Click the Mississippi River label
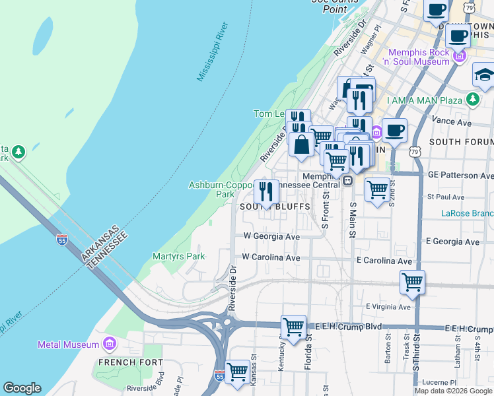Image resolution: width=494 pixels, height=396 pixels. point(213,52)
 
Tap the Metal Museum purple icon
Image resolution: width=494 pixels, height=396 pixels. point(110,345)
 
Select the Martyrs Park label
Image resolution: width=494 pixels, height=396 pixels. point(179,256)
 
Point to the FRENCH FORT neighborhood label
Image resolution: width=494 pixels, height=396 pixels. point(122,362)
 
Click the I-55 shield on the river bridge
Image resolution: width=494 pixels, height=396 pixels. point(61,239)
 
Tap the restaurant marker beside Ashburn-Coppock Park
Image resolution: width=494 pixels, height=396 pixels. point(266,191)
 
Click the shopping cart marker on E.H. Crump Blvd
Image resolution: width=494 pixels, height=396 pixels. point(293,326)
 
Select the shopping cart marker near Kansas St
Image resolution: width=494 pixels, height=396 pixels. point(237,371)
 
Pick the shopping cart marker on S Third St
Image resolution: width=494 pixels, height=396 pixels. point(412,282)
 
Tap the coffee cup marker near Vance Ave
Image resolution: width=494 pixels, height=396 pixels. point(394,130)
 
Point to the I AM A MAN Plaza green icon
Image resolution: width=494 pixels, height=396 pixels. point(472,99)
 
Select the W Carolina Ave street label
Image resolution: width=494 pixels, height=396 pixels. point(271,257)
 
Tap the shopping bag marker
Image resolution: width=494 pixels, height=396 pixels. point(301,144)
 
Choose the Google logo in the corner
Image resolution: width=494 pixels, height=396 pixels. point(22,388)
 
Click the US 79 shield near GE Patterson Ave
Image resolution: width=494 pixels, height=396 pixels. point(415,151)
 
